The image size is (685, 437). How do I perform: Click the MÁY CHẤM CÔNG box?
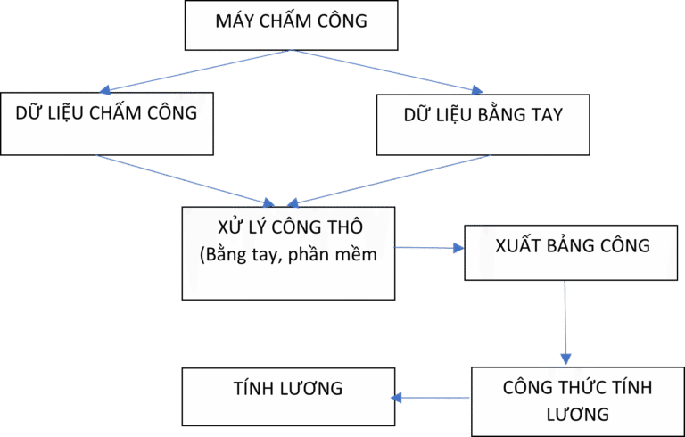(290, 25)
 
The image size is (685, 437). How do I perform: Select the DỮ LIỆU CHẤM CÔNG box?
(107, 122)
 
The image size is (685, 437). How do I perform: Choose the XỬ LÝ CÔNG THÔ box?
(288, 253)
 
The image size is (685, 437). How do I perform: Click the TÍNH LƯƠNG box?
(287, 396)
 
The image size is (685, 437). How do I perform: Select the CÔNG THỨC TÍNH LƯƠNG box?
(577, 400)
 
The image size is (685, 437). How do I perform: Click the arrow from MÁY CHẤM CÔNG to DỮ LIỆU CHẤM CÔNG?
(196, 70)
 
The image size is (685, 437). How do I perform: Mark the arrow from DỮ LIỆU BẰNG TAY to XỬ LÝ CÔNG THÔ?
(392, 179)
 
